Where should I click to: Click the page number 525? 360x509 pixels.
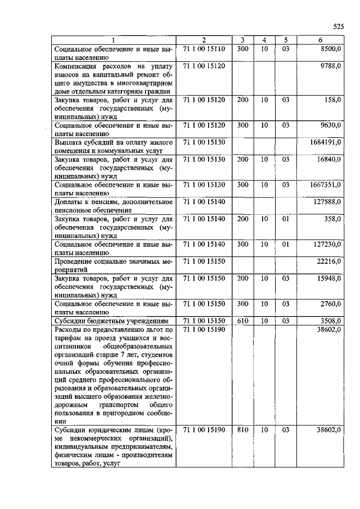pos(337,26)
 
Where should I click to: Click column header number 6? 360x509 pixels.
pos(319,40)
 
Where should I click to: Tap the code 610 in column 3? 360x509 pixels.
pos(242,321)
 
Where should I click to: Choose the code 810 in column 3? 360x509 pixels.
pos(242,430)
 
